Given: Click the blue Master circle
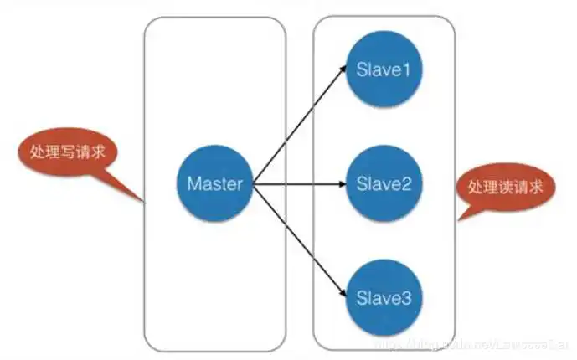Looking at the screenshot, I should [214, 183].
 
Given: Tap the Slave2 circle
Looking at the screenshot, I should [383, 183].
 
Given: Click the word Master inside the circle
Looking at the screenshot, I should [214, 183].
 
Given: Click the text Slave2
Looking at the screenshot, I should [383, 183].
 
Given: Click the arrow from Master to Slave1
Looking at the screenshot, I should [297, 126].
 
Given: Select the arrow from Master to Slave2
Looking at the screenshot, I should [297, 183].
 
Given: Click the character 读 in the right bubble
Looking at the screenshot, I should [511, 185].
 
